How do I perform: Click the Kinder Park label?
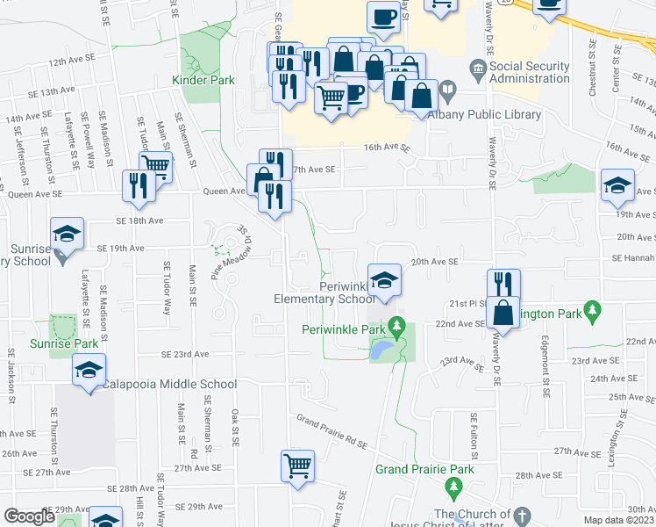click(x=209, y=80)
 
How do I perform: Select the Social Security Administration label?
click(x=529, y=72)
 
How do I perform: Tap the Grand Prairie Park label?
click(x=424, y=469)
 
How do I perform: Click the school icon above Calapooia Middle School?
click(x=89, y=370)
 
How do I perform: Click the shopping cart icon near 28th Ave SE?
click(x=297, y=466)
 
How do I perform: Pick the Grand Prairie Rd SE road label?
click(x=332, y=431)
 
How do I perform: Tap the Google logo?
click(x=29, y=516)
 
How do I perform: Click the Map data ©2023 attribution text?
click(x=619, y=520)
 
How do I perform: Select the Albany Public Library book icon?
click(x=446, y=89)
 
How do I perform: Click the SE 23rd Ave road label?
click(x=185, y=354)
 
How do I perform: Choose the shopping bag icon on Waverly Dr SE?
click(x=504, y=311)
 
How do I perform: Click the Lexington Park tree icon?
click(x=594, y=309)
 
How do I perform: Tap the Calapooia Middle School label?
click(x=169, y=384)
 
